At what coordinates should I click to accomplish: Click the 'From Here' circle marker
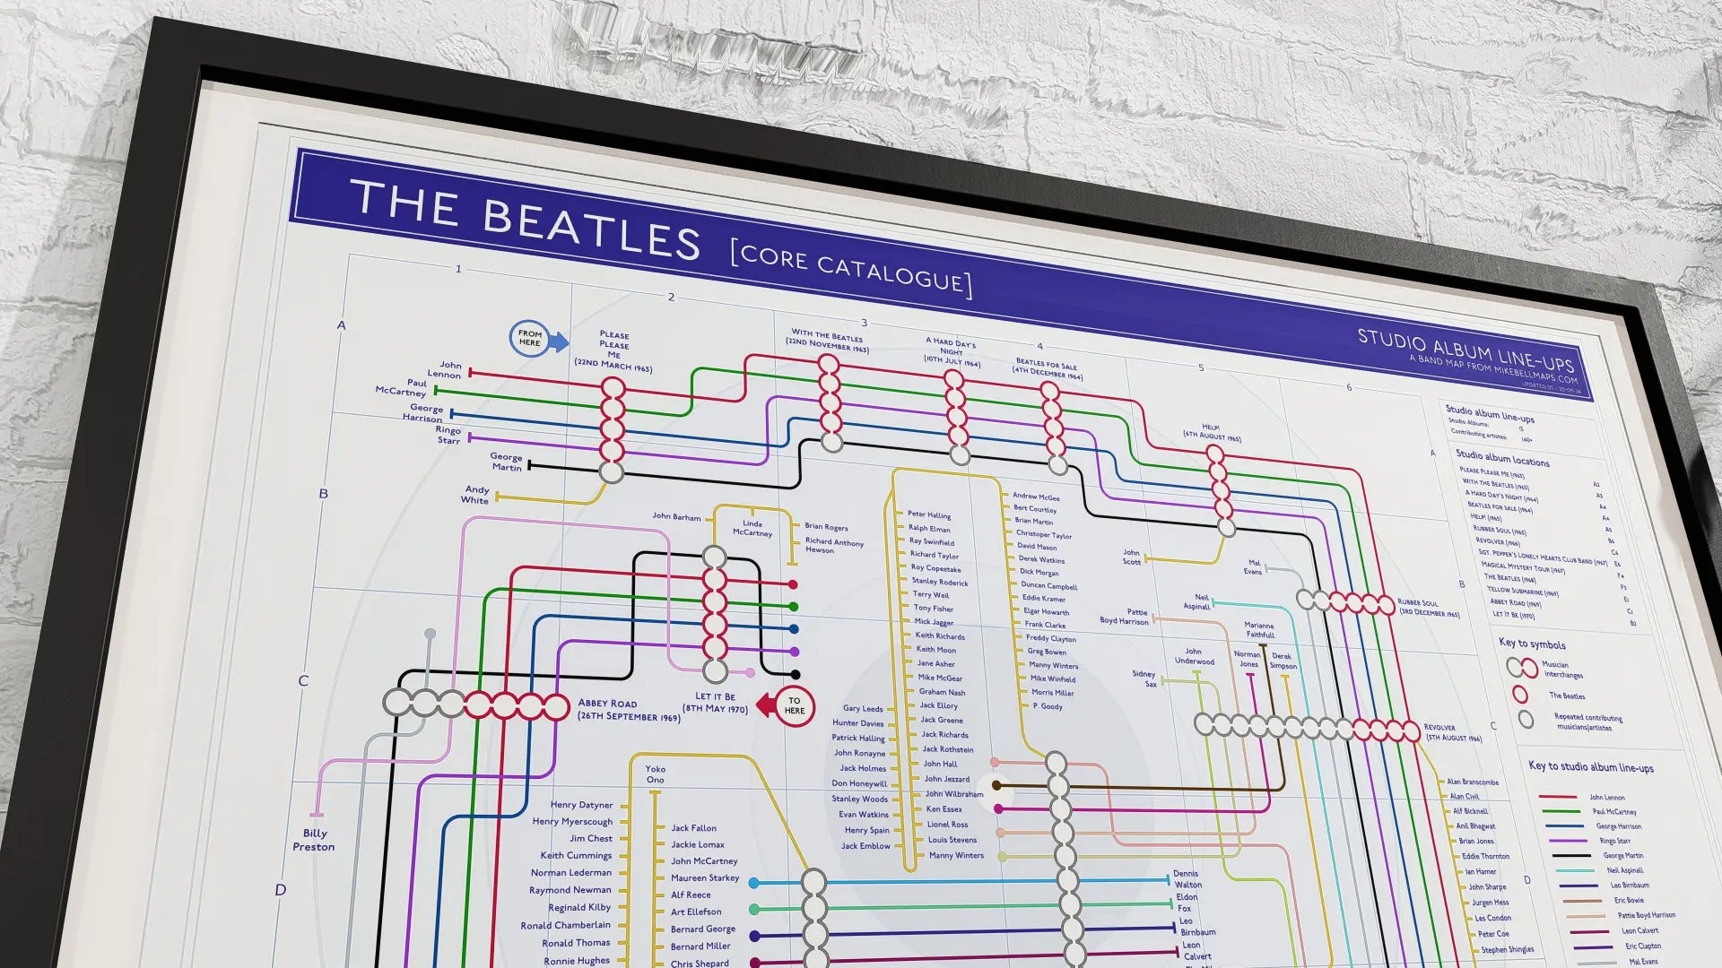click(529, 339)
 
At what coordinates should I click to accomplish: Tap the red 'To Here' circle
click(794, 706)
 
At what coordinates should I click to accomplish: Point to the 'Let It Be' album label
click(715, 702)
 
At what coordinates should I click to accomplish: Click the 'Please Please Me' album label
click(613, 350)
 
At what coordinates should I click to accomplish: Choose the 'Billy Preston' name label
click(313, 840)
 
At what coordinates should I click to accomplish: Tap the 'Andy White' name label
click(475, 495)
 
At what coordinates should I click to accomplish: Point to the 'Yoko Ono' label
click(656, 774)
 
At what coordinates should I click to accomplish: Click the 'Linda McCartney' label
click(752, 528)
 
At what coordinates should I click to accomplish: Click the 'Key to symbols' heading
click(1532, 644)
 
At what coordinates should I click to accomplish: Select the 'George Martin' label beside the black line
click(506, 462)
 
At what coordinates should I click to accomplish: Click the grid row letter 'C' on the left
click(303, 681)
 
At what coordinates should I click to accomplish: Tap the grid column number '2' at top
click(671, 297)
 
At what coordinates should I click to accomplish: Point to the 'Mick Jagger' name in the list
click(934, 622)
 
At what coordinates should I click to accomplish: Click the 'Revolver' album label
click(1453, 732)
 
